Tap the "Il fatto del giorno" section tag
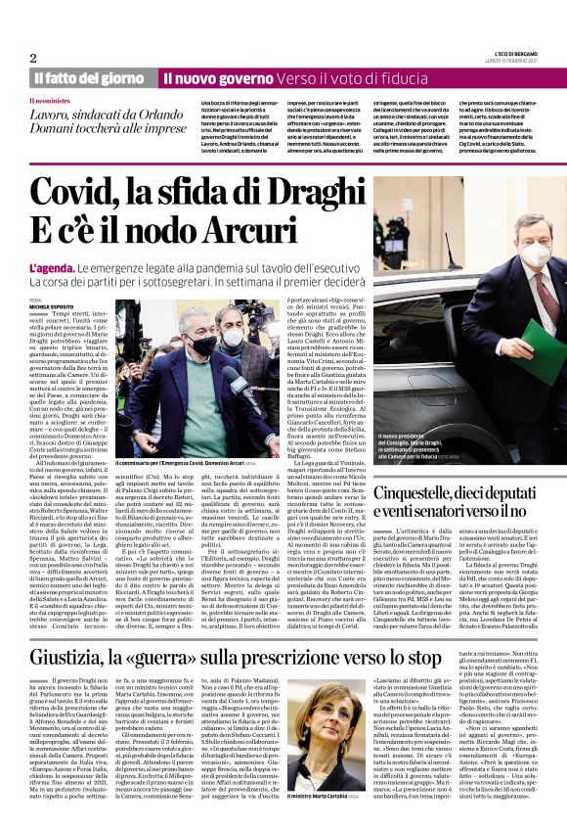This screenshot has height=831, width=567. (x=87, y=77)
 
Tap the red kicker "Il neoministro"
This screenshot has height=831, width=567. (x=52, y=100)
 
